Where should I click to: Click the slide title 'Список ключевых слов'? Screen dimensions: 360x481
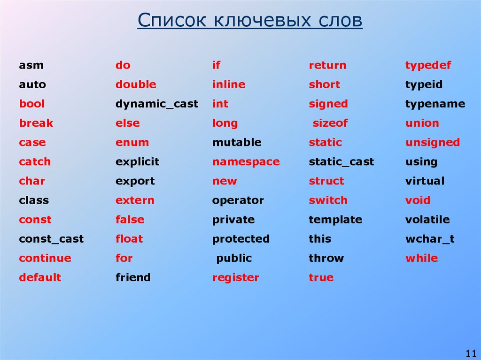(x=250, y=22)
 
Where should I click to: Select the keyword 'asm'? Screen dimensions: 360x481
(x=31, y=66)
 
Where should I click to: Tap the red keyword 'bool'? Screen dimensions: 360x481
(x=32, y=104)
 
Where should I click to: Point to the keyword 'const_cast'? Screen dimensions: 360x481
(x=51, y=239)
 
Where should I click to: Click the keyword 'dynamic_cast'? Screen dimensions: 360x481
(x=157, y=104)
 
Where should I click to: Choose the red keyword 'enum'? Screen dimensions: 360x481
(x=132, y=142)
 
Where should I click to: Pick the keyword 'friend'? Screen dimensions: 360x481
(x=133, y=277)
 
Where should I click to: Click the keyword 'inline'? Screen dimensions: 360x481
(x=229, y=85)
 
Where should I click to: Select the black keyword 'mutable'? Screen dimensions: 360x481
(x=237, y=142)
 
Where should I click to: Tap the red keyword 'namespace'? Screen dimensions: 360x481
(x=246, y=162)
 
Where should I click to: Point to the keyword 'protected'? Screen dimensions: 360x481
(x=241, y=239)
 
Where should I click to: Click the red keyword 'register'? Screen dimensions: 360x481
(x=235, y=277)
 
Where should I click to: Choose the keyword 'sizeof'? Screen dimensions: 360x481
(x=330, y=123)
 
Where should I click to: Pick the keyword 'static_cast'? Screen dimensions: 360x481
(x=341, y=162)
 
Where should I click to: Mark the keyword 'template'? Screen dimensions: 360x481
(x=335, y=220)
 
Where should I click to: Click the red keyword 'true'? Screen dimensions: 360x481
(x=321, y=277)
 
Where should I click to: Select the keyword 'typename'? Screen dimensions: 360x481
(x=435, y=104)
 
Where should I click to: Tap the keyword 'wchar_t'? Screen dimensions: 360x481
(x=430, y=239)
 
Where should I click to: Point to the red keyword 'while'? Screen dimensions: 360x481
(x=421, y=258)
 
